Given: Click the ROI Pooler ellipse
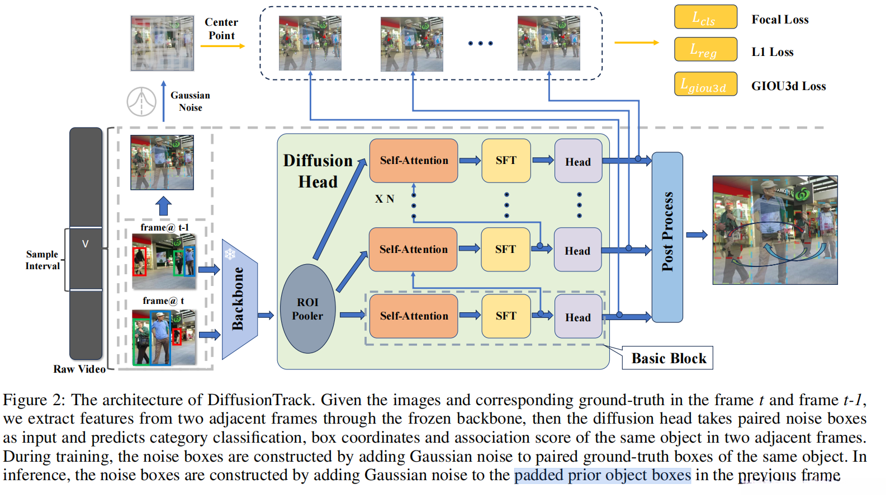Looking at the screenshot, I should coord(307,309).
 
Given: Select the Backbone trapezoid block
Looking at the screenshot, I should coord(239,299).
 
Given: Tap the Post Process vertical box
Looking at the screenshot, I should coord(667,237).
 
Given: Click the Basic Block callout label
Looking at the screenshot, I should coord(668,358).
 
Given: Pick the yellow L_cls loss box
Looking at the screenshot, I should coord(705,17).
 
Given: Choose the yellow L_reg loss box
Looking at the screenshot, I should coord(705,50).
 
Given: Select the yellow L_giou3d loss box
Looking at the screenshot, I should coord(705,85).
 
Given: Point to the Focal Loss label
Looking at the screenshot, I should coord(779,20).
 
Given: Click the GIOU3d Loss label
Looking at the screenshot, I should coord(788,86).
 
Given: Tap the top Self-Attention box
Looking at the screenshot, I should coord(414,161).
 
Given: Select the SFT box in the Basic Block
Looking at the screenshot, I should coord(506,316).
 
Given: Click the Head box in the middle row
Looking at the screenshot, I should coord(577,250).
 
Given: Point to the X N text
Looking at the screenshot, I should coord(385,199).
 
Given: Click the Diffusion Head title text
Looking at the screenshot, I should coord(318,171).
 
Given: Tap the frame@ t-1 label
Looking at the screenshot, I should coord(164,227).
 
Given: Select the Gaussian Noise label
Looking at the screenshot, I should coord(190,101).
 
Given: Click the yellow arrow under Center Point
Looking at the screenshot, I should coord(222,46).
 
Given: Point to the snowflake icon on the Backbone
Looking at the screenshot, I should coord(230,255).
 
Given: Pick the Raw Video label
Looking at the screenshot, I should coord(79,369).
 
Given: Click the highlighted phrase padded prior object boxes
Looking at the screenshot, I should coord(602,475).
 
